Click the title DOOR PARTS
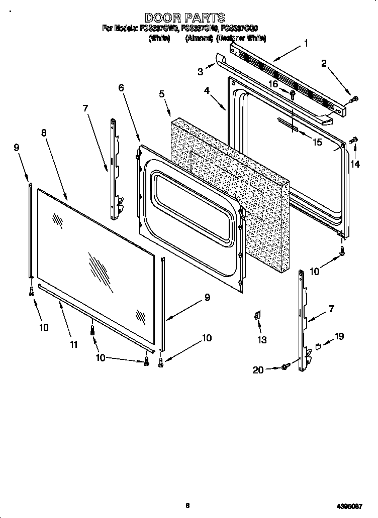185,19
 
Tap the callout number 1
306,44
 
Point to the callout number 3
201,72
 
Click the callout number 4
207,91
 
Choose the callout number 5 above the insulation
161,94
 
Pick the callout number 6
121,88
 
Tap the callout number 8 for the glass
44,133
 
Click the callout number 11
74,344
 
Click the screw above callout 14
353,139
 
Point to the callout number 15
317,143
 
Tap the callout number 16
273,84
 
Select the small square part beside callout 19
319,346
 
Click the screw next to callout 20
285,368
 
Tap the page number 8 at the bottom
187,505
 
